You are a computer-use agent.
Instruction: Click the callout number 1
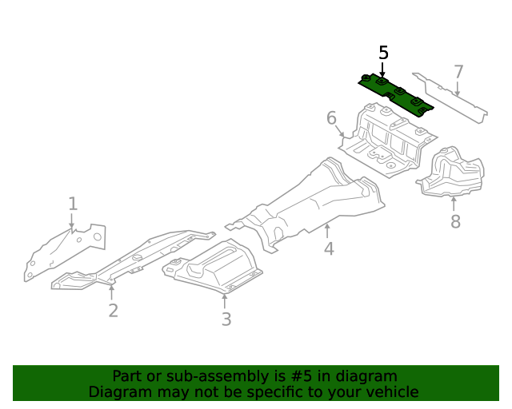(x=73, y=204)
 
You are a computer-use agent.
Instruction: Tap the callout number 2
(x=113, y=310)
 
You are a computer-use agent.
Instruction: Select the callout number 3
(x=226, y=320)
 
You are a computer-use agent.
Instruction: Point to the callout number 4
(x=329, y=249)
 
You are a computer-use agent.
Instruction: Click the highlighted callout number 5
(x=383, y=54)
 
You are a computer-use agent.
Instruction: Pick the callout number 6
(x=331, y=119)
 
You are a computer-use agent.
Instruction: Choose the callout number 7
(x=458, y=72)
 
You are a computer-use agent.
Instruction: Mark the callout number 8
(x=455, y=221)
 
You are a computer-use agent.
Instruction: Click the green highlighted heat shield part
(x=396, y=95)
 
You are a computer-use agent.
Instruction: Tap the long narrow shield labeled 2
(x=132, y=262)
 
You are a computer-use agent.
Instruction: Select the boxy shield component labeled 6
(x=388, y=140)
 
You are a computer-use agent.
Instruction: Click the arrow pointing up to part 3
(x=226, y=300)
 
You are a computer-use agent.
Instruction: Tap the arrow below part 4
(x=327, y=232)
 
